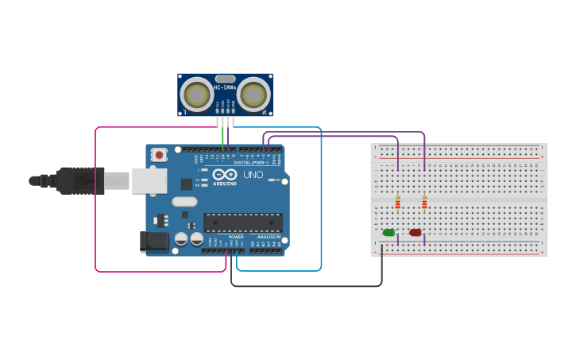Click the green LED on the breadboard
[389, 232]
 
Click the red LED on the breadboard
[415, 232]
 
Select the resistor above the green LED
[398, 203]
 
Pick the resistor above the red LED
[424, 203]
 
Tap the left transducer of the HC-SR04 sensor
[195, 95]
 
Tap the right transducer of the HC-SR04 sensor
[253, 95]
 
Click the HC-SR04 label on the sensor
[225, 87]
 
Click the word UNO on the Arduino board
[253, 175]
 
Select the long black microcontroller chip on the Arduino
[243, 223]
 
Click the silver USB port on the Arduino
[149, 181]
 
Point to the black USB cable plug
[79, 181]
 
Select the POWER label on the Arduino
[236, 237]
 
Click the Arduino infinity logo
[225, 174]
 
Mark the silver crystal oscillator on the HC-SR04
[225, 79]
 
